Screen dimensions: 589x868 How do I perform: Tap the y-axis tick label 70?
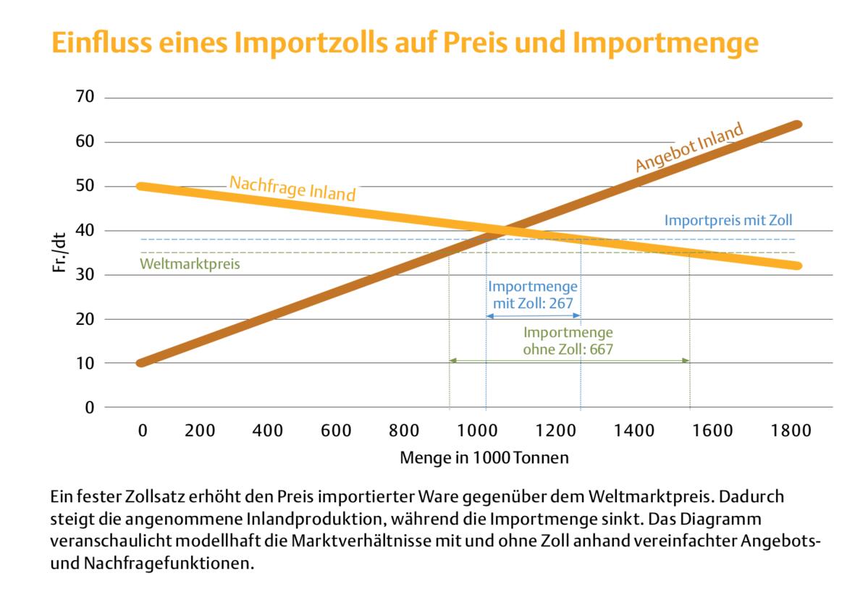pyautogui.click(x=85, y=97)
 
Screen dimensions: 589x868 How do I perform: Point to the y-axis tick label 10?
pyautogui.click(x=85, y=363)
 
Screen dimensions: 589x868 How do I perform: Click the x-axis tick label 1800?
pyautogui.click(x=792, y=431)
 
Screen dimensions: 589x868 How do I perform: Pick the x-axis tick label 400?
pyautogui.click(x=267, y=431)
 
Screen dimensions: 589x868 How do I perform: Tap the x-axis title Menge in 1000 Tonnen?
pyautogui.click(x=484, y=458)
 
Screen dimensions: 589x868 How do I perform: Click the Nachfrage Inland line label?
pyautogui.click(x=292, y=188)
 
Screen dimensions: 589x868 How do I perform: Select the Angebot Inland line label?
pyautogui.click(x=689, y=148)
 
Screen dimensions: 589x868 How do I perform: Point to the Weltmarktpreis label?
pyautogui.click(x=190, y=264)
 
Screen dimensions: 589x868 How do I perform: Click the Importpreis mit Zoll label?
pyautogui.click(x=729, y=220)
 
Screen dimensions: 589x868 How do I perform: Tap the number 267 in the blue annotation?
pyautogui.click(x=562, y=303)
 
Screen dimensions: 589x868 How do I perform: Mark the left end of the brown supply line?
pyautogui.click(x=141, y=363)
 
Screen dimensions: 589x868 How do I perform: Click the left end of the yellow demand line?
pyautogui.click(x=141, y=187)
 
